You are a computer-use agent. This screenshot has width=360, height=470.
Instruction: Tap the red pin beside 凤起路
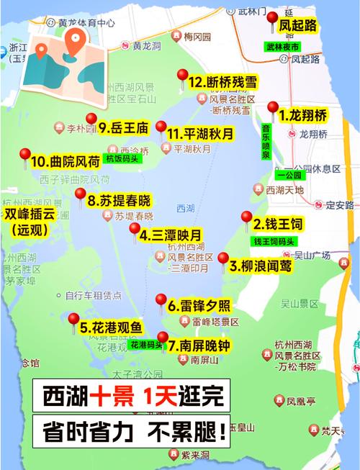271,22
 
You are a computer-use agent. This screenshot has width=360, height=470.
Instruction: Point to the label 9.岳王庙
124,128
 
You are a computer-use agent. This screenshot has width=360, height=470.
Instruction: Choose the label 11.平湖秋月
199,134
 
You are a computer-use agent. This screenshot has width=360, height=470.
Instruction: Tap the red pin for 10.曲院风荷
25,155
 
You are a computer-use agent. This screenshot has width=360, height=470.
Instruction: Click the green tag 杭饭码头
121,158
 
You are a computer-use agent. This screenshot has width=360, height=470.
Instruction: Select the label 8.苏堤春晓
119,200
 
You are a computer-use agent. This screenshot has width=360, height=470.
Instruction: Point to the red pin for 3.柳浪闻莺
222,259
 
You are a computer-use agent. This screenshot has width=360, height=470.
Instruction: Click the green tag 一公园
291,175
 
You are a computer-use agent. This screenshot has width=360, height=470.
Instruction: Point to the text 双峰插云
28,214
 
